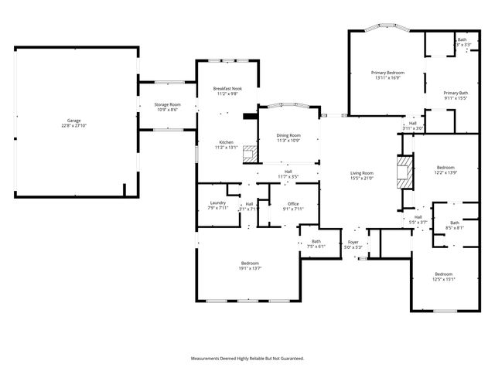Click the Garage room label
74,120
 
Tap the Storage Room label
167,104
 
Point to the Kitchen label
226,142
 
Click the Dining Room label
289,135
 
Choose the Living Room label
362,172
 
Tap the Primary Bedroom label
388,73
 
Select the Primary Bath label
456,93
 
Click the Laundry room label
217,203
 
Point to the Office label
293,203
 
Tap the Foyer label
353,242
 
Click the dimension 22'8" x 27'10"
74,125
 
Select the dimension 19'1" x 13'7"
249,268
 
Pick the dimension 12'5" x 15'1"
443,279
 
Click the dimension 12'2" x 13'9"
445,172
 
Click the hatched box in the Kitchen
249,152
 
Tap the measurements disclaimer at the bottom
247,358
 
